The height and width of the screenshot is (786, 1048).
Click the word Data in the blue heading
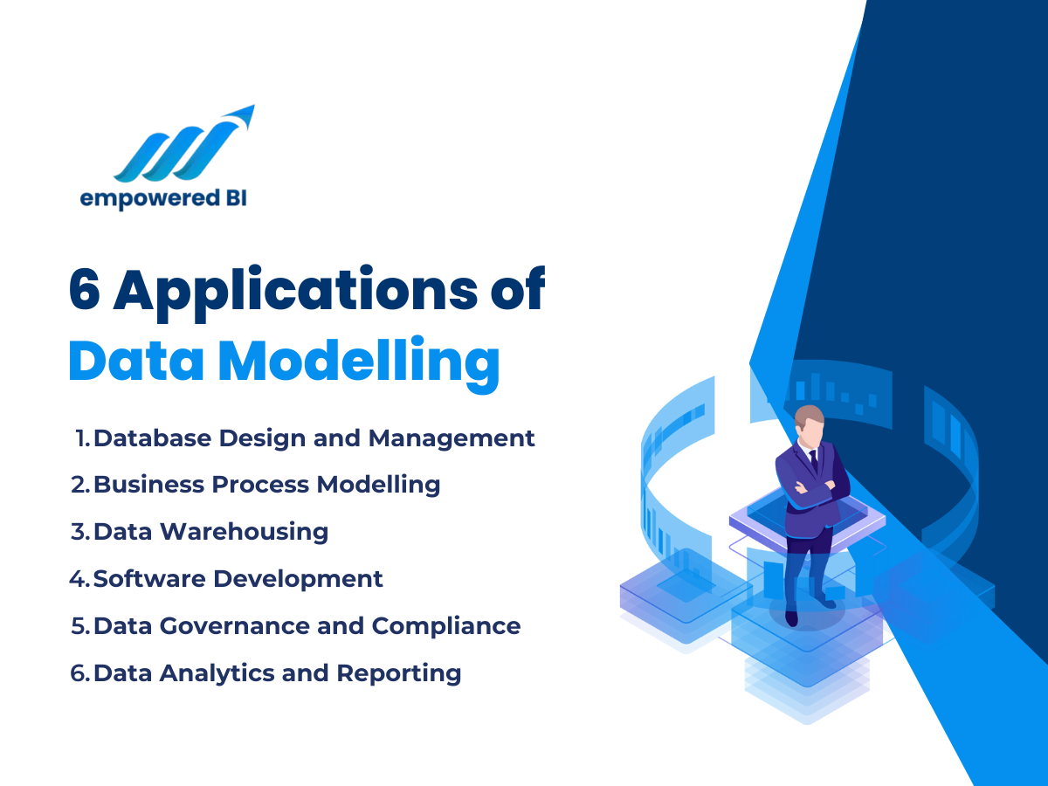[x=134, y=360]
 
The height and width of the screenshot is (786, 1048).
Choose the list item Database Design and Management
[x=314, y=438]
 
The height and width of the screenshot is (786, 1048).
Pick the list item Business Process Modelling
[x=266, y=485]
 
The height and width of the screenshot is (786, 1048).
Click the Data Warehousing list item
[x=210, y=531]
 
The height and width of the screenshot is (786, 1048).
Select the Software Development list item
[x=238, y=578]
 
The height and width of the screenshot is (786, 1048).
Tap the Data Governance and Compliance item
[x=307, y=625]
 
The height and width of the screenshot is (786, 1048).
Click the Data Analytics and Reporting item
[x=277, y=673]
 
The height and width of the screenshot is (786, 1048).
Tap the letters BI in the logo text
[x=234, y=199]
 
